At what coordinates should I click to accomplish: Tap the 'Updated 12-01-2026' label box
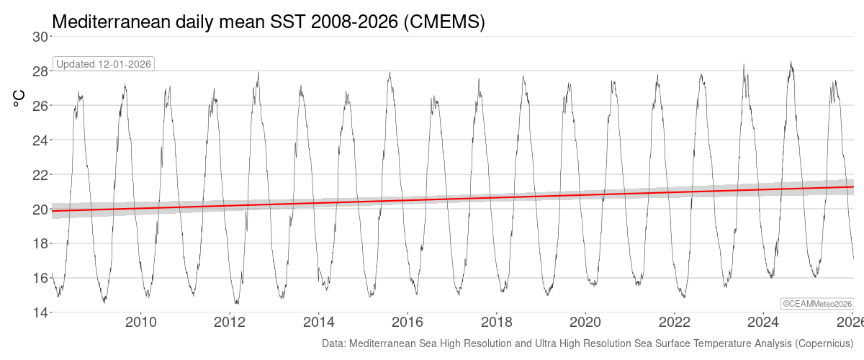104,64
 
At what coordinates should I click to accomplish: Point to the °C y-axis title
19,98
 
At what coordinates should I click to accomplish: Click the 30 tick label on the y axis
41,37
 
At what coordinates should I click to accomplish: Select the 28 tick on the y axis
41,71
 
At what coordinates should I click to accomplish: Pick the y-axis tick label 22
41,175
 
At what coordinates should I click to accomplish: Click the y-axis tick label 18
41,244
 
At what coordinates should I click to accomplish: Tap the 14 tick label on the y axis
41,312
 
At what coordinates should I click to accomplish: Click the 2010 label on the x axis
141,322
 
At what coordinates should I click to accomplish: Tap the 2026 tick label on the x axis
850,322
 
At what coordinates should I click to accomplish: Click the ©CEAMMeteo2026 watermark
817,305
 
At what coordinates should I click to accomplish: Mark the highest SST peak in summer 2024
791,62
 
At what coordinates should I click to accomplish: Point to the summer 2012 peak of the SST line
258,72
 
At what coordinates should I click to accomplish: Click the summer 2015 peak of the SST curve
390,72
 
